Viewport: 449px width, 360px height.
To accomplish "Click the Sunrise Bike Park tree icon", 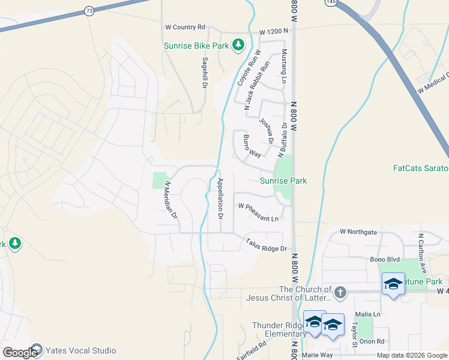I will [x=238, y=45].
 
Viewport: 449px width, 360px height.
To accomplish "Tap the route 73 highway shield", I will [x=89, y=11].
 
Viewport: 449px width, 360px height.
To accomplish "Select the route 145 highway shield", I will [x=331, y=2].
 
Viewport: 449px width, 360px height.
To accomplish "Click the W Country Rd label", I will [x=185, y=27].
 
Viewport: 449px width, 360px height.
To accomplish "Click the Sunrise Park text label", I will [x=283, y=181].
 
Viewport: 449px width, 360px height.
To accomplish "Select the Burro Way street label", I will [x=252, y=146].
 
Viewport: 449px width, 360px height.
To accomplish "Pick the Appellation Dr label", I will [x=220, y=198].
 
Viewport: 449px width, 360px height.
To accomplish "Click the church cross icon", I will [x=340, y=292].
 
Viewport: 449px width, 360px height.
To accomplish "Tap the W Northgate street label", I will [x=358, y=231].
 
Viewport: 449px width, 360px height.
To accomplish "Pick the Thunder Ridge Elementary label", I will [x=279, y=329].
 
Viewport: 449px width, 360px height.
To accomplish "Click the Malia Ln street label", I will [x=369, y=314].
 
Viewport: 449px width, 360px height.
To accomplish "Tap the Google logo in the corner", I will [x=19, y=353].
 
